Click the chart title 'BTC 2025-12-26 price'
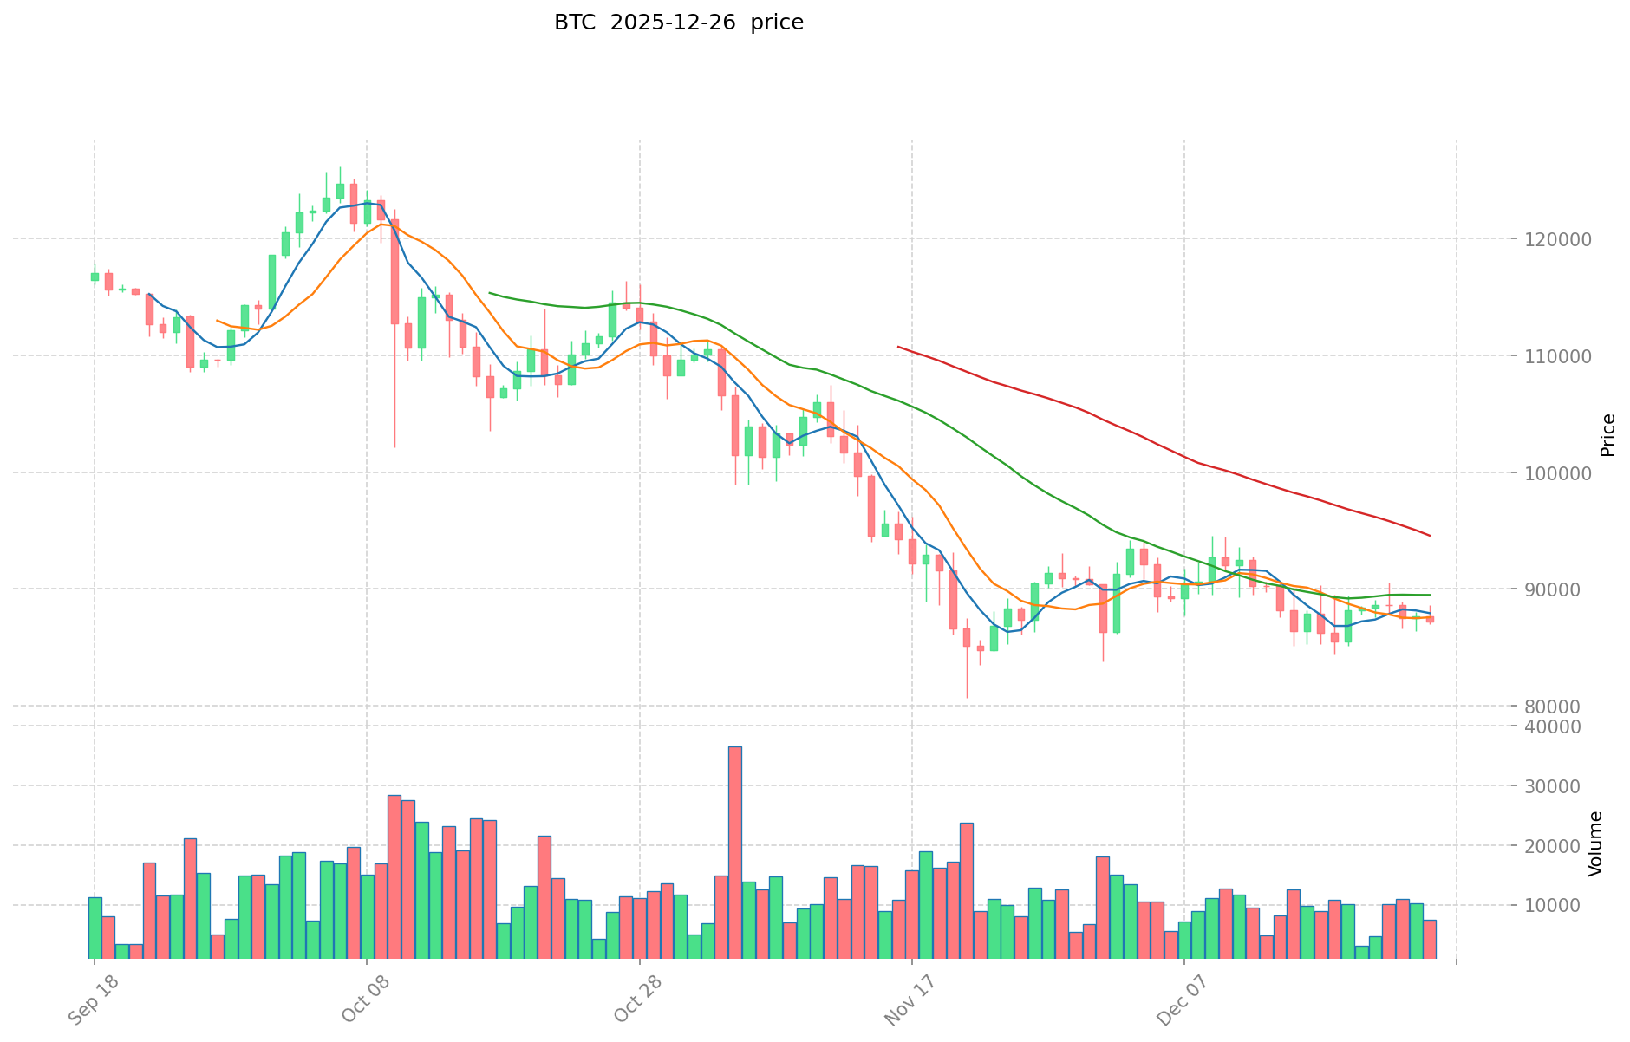tap(679, 23)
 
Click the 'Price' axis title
tap(1608, 435)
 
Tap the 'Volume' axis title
tap(1595, 843)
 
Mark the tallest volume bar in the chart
tap(734, 851)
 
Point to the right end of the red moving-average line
tap(1430, 536)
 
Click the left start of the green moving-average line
tap(490, 293)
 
